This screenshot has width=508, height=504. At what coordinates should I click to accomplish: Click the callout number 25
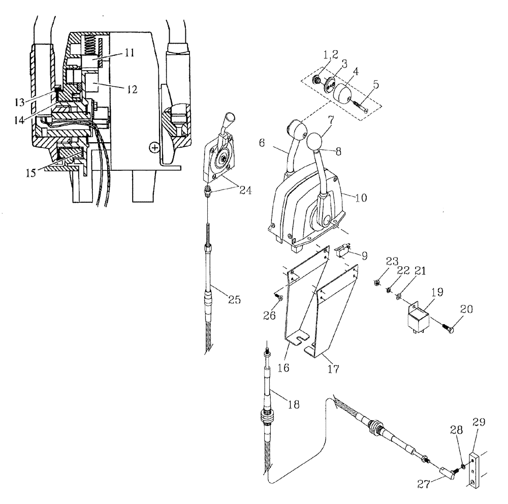(234, 300)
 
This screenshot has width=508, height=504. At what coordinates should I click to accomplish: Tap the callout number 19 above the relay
(437, 293)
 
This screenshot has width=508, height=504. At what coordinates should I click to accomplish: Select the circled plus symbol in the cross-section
(153, 147)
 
